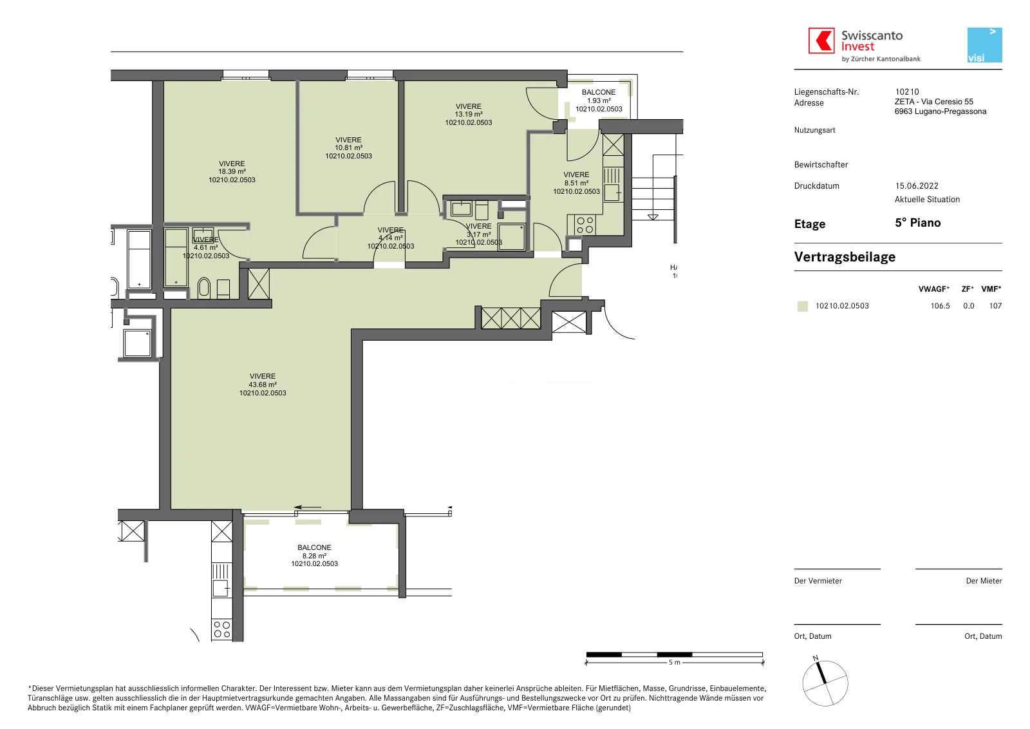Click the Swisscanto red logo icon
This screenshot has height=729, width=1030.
tap(821, 41)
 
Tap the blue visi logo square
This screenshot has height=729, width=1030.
tap(984, 45)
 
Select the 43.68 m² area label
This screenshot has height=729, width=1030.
tap(263, 384)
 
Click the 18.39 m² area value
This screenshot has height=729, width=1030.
tap(232, 171)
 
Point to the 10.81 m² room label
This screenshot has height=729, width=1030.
tap(348, 147)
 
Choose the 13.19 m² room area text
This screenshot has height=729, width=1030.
tap(469, 114)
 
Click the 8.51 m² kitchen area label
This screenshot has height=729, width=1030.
tap(576, 183)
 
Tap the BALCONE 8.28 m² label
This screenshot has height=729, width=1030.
tap(315, 551)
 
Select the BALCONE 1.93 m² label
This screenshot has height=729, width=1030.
tap(599, 96)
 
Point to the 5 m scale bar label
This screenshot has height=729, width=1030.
tap(674, 662)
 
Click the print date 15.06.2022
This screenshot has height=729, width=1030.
tap(917, 186)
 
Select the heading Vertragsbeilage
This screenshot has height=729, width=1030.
tap(845, 257)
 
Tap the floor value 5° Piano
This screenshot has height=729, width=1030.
tap(918, 223)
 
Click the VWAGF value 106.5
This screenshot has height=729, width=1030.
tap(940, 306)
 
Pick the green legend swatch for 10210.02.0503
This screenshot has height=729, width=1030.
tap(802, 307)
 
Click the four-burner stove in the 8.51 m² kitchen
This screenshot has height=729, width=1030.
tap(585, 225)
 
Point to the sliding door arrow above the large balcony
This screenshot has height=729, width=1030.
tap(308, 507)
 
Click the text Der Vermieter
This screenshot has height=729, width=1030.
tap(818, 581)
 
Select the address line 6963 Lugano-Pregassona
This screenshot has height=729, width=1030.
tap(941, 111)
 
